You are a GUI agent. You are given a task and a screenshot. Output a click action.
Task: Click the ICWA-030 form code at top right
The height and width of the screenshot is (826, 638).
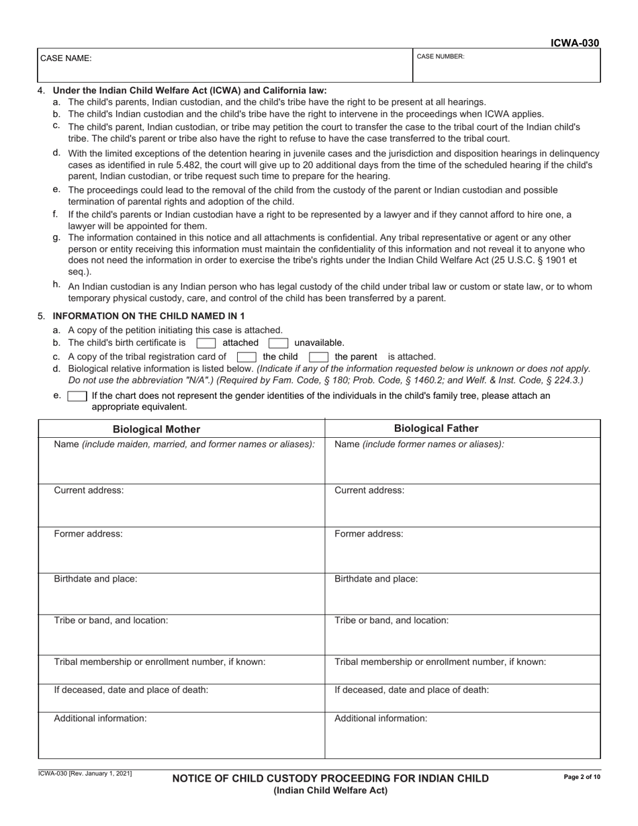click(x=574, y=43)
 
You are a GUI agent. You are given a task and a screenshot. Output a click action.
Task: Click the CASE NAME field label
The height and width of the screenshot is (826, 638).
click(x=66, y=58)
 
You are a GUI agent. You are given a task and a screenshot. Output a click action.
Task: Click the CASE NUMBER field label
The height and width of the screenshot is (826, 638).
click(x=441, y=56)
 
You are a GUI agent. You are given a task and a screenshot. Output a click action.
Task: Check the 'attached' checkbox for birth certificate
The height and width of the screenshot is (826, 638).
click(x=206, y=343)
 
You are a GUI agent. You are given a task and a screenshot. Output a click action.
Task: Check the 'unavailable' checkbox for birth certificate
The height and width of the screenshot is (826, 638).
click(x=278, y=343)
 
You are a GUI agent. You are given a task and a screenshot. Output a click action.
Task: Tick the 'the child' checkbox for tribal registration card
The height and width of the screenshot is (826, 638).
click(x=246, y=357)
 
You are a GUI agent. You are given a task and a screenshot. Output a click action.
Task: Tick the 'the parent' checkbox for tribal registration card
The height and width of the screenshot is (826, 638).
click(x=318, y=357)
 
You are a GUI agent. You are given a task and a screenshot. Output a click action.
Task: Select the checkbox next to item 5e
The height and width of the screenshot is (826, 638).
click(x=77, y=396)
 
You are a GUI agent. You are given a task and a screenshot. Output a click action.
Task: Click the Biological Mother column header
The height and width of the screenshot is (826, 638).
click(x=156, y=429)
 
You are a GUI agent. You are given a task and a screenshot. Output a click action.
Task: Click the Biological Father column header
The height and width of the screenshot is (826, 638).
click(x=436, y=428)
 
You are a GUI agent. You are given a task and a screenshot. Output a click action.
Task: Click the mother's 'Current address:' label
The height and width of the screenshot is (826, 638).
click(x=89, y=490)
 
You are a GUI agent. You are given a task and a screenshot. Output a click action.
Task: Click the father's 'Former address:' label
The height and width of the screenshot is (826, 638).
click(x=369, y=534)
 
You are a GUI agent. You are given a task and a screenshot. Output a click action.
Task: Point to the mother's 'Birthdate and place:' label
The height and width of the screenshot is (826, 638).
click(x=95, y=579)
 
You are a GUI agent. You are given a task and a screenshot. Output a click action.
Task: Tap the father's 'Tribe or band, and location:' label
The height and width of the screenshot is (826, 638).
click(x=392, y=621)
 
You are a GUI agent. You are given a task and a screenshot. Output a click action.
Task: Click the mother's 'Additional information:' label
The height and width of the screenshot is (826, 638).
click(x=100, y=719)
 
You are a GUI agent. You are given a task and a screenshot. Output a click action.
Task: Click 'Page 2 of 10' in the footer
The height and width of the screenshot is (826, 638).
click(x=582, y=777)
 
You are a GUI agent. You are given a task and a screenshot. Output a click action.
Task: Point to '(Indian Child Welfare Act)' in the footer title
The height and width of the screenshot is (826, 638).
click(x=330, y=790)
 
